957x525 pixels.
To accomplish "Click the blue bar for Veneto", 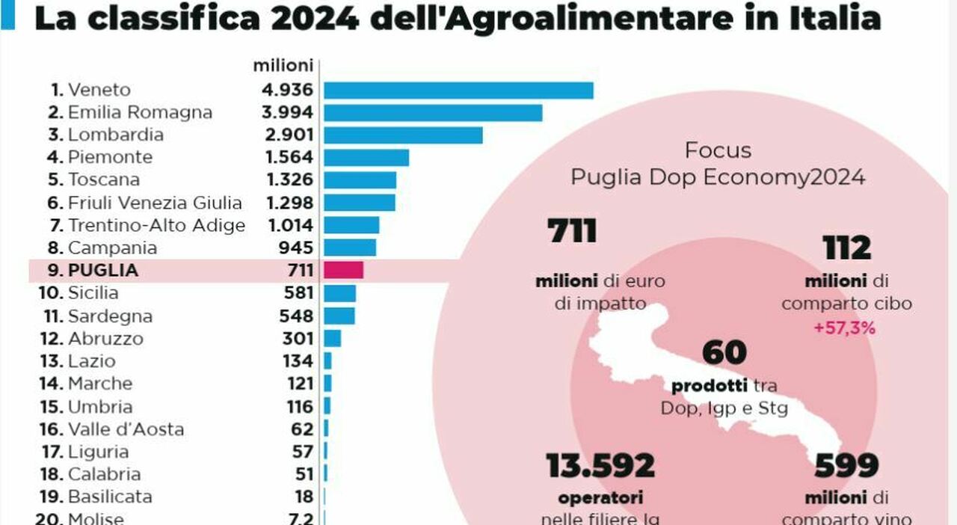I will pyautogui.click(x=458, y=90).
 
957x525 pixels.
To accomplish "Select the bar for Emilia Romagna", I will pyautogui.click(x=432, y=113).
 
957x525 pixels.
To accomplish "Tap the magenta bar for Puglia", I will pyautogui.click(x=343, y=270).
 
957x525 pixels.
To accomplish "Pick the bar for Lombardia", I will pyautogui.click(x=402, y=135).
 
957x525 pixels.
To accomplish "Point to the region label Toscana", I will pyautogui.click(x=103, y=180).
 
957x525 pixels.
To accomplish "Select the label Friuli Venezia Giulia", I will pyautogui.click(x=155, y=203).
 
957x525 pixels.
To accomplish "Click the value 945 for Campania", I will pyautogui.click(x=295, y=248).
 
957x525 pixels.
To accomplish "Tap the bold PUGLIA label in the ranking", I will pyautogui.click(x=103, y=271).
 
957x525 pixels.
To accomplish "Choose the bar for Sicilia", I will pyautogui.click(x=339, y=293).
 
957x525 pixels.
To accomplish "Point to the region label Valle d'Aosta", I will pyautogui.click(x=126, y=429).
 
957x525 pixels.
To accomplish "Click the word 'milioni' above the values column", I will pyautogui.click(x=282, y=66).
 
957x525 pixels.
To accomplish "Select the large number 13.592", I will pyautogui.click(x=600, y=466).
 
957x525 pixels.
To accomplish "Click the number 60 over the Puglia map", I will pyautogui.click(x=724, y=353).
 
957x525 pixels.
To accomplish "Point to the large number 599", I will pyautogui.click(x=846, y=466).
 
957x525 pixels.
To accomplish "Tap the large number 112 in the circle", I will pyautogui.click(x=846, y=248).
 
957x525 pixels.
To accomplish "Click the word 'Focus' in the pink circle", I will pyautogui.click(x=717, y=150).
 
